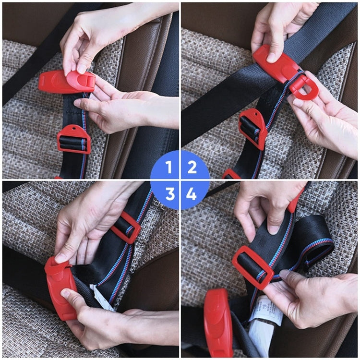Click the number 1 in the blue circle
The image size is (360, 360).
click(168, 167)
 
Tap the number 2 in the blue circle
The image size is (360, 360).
click(192, 167)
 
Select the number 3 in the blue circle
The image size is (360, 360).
click(169, 194)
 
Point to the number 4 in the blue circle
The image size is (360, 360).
click(192, 194)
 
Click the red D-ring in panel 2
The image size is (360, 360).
click(304, 85)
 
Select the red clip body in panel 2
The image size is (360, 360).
click(276, 63)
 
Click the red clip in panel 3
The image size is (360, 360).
click(61, 288)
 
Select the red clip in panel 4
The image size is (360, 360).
click(218, 322)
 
